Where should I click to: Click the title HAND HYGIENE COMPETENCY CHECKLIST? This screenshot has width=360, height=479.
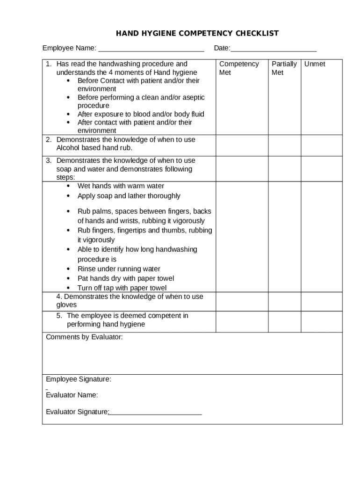pos(197,33)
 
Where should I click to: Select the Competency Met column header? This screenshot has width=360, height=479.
pos(239,68)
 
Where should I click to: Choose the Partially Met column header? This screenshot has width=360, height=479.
pos(284,68)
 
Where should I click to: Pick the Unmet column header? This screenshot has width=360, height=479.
pos(315,64)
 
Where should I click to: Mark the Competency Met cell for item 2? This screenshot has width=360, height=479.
pos(242,145)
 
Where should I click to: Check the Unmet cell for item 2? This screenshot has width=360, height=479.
pos(321,145)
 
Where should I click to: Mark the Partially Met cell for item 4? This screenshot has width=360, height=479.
pos(284,301)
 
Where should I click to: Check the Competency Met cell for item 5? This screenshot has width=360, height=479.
pos(242,321)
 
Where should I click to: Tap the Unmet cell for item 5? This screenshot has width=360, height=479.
pos(321,321)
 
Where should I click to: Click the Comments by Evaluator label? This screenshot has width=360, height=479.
pos(84,337)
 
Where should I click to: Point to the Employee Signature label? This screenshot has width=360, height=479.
pos(79,379)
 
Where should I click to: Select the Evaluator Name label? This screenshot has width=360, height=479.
pos(72,395)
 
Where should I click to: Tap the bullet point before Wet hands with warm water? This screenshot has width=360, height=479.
pos(69,186)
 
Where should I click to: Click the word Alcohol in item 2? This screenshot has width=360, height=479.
pos(69,148)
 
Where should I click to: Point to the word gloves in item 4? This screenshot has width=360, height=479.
pos(66,305)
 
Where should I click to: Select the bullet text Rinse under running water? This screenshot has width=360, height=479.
pos(119,269)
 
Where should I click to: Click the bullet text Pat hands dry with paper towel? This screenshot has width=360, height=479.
pos(126,278)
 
